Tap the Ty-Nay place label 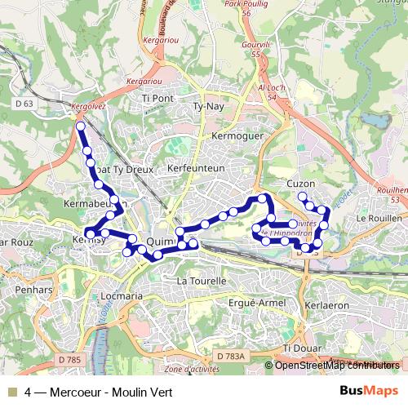pyautogui.click(x=207, y=106)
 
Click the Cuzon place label pyautogui.click(x=301, y=184)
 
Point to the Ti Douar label pyautogui.click(x=298, y=348)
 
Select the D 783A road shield pyautogui.click(x=231, y=357)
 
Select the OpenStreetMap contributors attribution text pyautogui.click(x=337, y=365)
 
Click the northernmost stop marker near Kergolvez pyautogui.click(x=80, y=126)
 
